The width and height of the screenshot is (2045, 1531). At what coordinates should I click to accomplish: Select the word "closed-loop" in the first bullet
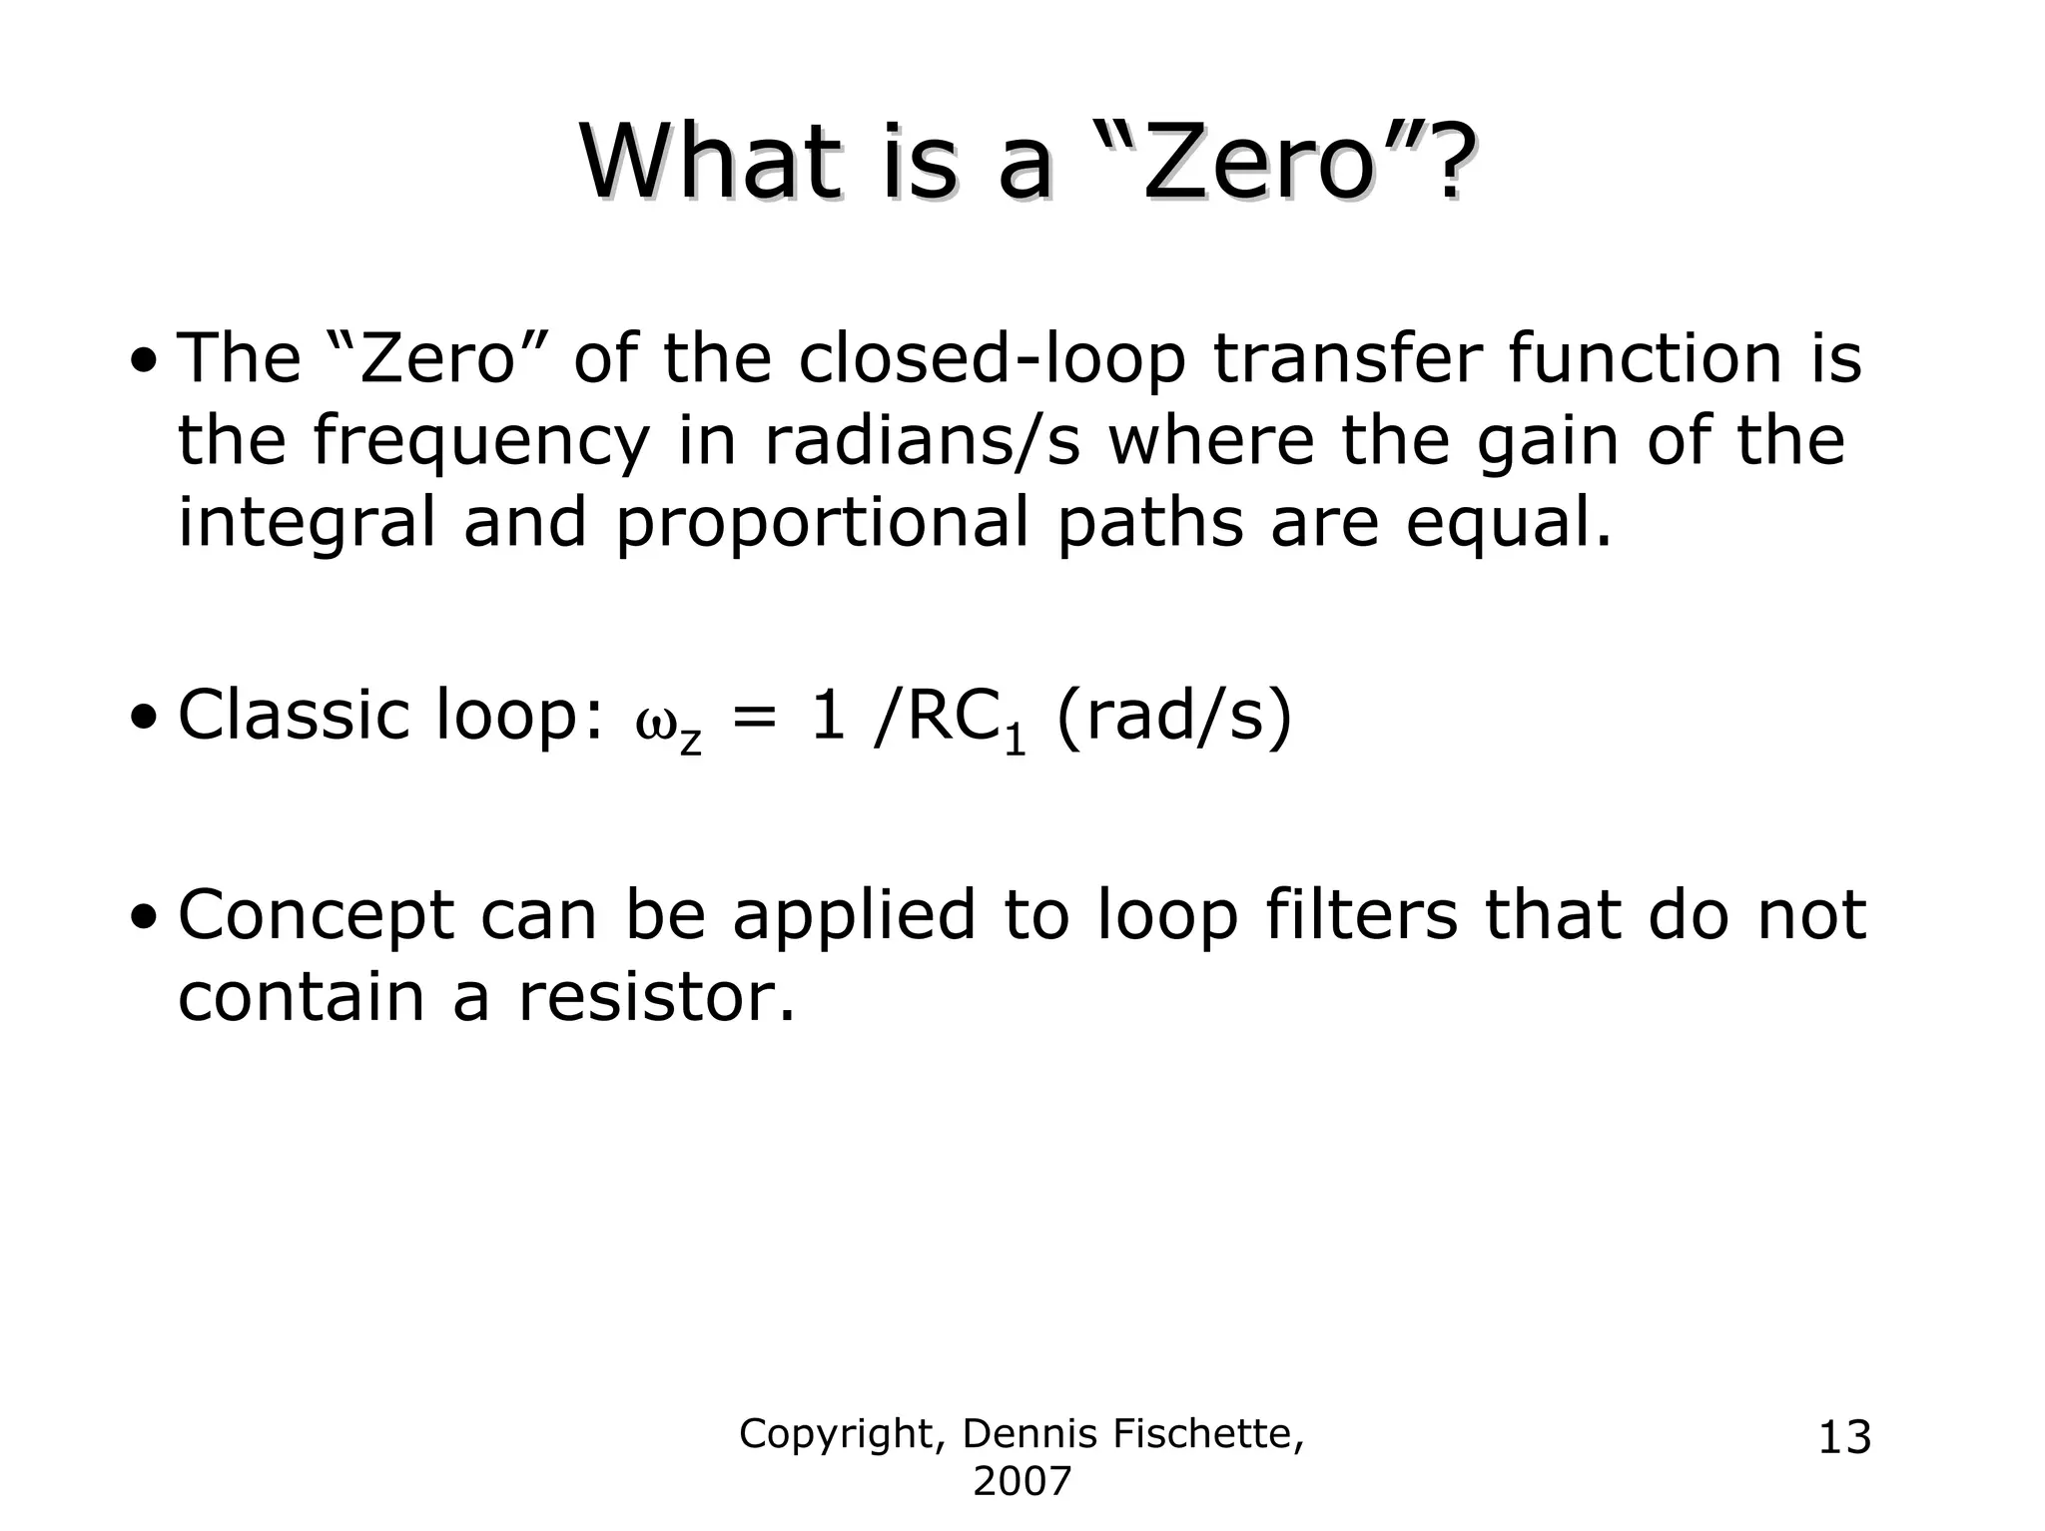992,358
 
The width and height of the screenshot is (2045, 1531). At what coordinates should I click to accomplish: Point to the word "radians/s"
922,441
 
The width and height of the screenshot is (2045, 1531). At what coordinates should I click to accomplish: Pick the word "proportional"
822,523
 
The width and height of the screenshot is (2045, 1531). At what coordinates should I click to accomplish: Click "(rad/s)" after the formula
1173,717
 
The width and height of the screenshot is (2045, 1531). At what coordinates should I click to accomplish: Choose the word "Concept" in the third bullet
316,916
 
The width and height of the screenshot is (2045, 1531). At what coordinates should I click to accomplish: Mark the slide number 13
1844,1438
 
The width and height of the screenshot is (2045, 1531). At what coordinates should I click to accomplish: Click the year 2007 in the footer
1022,1482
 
